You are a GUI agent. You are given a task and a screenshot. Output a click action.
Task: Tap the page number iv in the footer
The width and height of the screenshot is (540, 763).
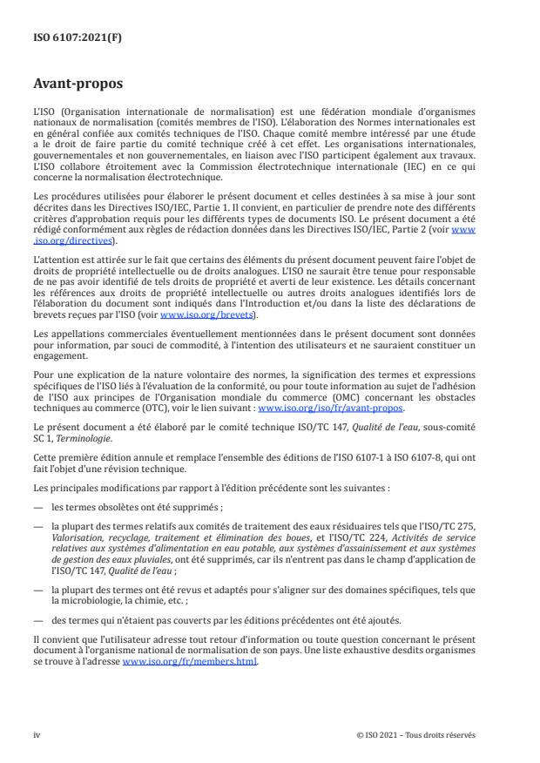pos(37,734)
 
